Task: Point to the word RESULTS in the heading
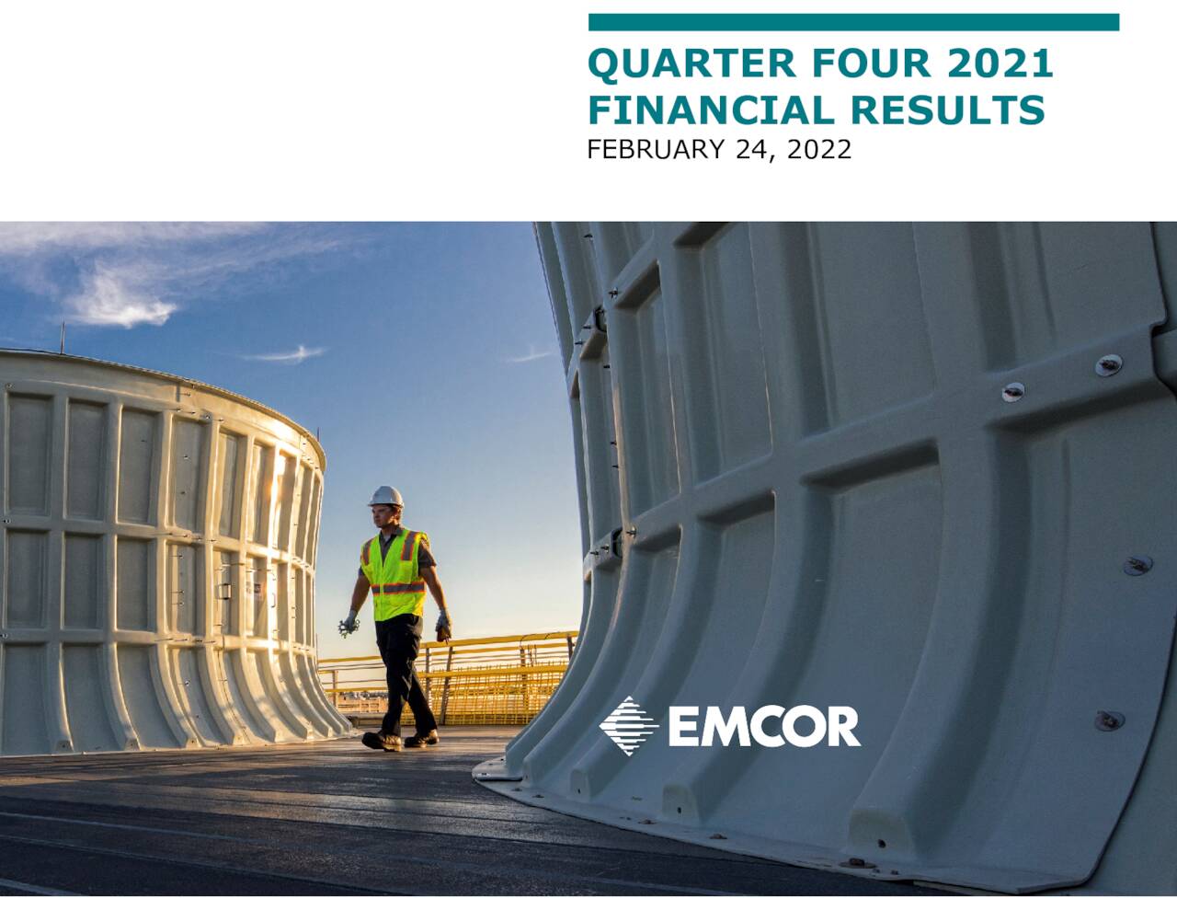pos(946,110)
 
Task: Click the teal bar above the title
pos(853,22)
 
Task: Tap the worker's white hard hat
pos(386,496)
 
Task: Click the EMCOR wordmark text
pos(763,727)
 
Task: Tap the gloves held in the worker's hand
pos(348,626)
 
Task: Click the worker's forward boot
pos(381,740)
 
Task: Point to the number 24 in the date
pos(752,149)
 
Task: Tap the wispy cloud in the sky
pos(120,294)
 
